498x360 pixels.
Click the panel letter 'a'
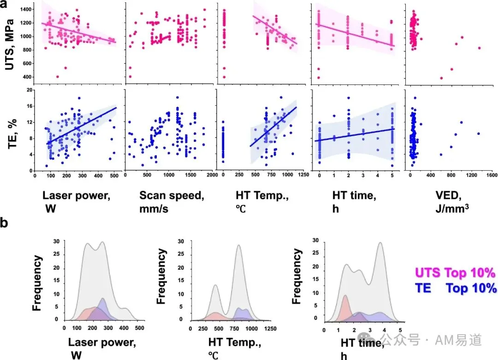(4, 4)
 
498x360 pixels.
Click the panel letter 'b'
(4, 222)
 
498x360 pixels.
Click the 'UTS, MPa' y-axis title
(10, 44)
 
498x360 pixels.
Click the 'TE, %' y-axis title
(12, 134)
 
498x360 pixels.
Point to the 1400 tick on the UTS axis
(26, 10)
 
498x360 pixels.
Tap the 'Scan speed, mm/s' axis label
(172, 202)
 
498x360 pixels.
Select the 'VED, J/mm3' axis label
(452, 202)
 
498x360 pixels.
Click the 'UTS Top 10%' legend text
(455, 273)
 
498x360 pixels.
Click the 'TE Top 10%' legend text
(456, 288)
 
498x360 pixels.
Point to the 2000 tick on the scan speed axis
(212, 174)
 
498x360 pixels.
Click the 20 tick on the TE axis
(30, 90)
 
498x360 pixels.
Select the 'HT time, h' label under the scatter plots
(354, 202)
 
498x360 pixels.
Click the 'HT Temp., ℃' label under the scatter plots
(262, 202)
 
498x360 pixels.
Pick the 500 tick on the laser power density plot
(139, 328)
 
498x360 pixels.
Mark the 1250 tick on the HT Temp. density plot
(270, 328)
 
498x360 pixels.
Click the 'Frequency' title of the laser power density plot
(37, 283)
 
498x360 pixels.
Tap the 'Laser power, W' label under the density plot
(102, 348)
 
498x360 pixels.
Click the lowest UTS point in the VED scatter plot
(441, 78)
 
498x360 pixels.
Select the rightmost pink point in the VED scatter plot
(479, 48)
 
